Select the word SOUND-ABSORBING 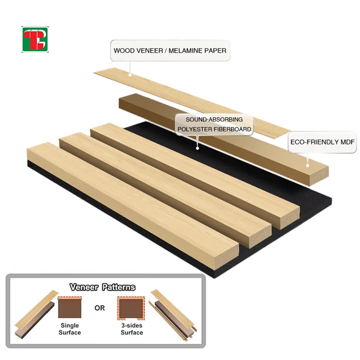pos(214,120)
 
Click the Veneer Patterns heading pos(103,287)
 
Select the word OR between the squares pos(99,308)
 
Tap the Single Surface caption pos(70,329)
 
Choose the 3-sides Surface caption pos(131,329)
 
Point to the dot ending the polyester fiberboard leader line pos(197,148)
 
